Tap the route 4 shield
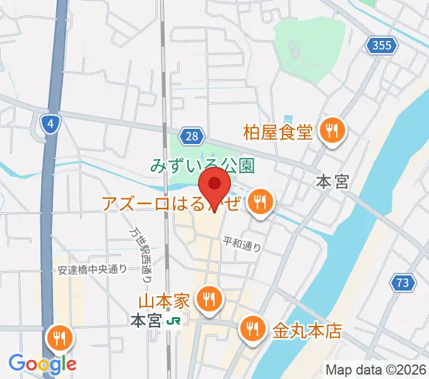click(x=49, y=123)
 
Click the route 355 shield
click(x=382, y=45)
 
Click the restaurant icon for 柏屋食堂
click(x=331, y=131)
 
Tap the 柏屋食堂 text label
click(x=278, y=133)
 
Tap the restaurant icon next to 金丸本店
click(x=252, y=328)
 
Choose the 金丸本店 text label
click(x=307, y=330)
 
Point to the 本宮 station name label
click(x=146, y=321)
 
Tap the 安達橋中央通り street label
click(x=91, y=269)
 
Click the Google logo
click(x=42, y=363)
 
